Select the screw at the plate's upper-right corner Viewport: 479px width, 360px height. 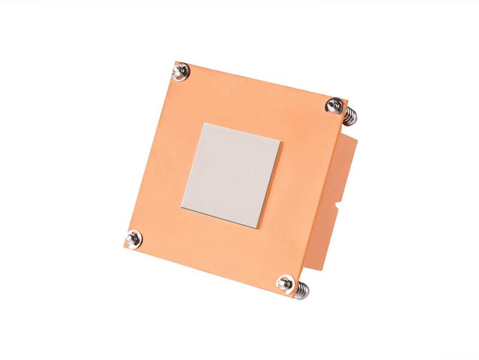pyautogui.click(x=334, y=106)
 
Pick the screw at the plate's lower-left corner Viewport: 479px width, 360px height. pyautogui.click(x=134, y=238)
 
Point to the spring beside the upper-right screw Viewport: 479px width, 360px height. pyautogui.click(x=348, y=114)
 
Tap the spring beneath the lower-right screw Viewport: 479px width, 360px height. pyautogui.click(x=301, y=291)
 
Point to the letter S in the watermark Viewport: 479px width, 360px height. pyautogui.click(x=175, y=180)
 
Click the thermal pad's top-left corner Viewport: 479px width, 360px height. pyautogui.click(x=203, y=123)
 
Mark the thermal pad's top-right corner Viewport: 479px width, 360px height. pyautogui.click(x=281, y=141)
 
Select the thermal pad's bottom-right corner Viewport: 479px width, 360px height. pyautogui.click(x=258, y=228)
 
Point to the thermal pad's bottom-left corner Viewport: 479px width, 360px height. pyautogui.click(x=180, y=207)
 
